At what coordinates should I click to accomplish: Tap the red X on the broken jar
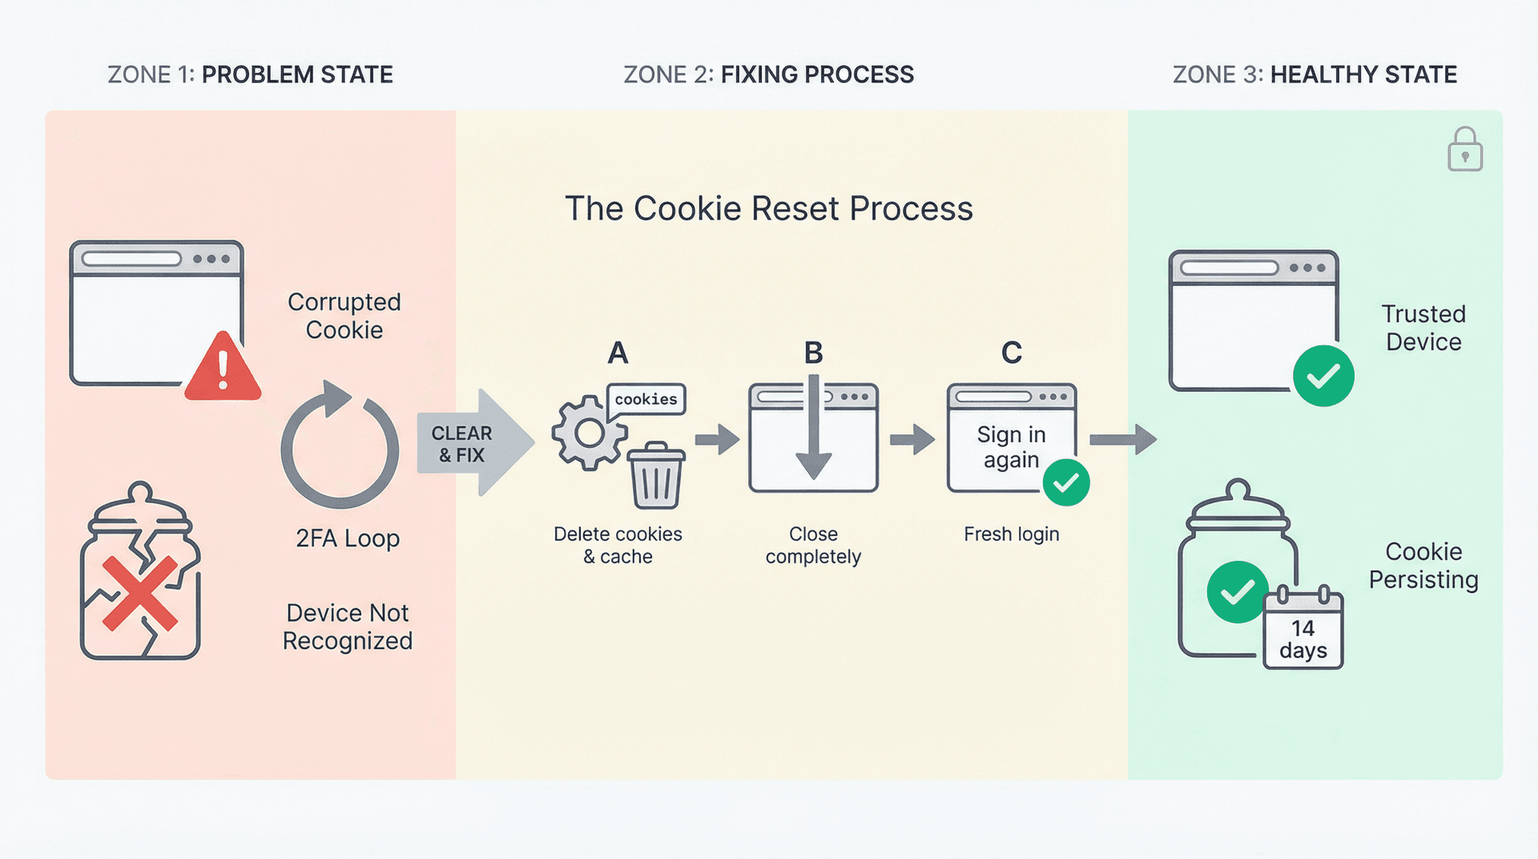(x=140, y=593)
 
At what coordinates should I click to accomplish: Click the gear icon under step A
(x=589, y=434)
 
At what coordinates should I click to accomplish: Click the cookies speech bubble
(x=646, y=399)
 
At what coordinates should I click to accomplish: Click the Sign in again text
(x=1011, y=446)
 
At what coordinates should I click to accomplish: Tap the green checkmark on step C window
(x=1065, y=482)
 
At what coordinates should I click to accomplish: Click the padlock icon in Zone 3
(x=1464, y=150)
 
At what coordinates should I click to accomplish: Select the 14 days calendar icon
(x=1302, y=629)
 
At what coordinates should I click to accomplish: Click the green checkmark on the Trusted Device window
(x=1323, y=376)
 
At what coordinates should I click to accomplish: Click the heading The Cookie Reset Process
(x=768, y=208)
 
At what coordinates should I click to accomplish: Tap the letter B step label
(x=813, y=353)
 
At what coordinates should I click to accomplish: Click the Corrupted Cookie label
(x=344, y=316)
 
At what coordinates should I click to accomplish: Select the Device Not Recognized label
(x=348, y=627)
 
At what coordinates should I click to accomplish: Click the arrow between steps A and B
(x=717, y=439)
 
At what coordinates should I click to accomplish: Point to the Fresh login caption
(x=1011, y=534)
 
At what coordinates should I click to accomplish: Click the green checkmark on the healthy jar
(x=1237, y=592)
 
